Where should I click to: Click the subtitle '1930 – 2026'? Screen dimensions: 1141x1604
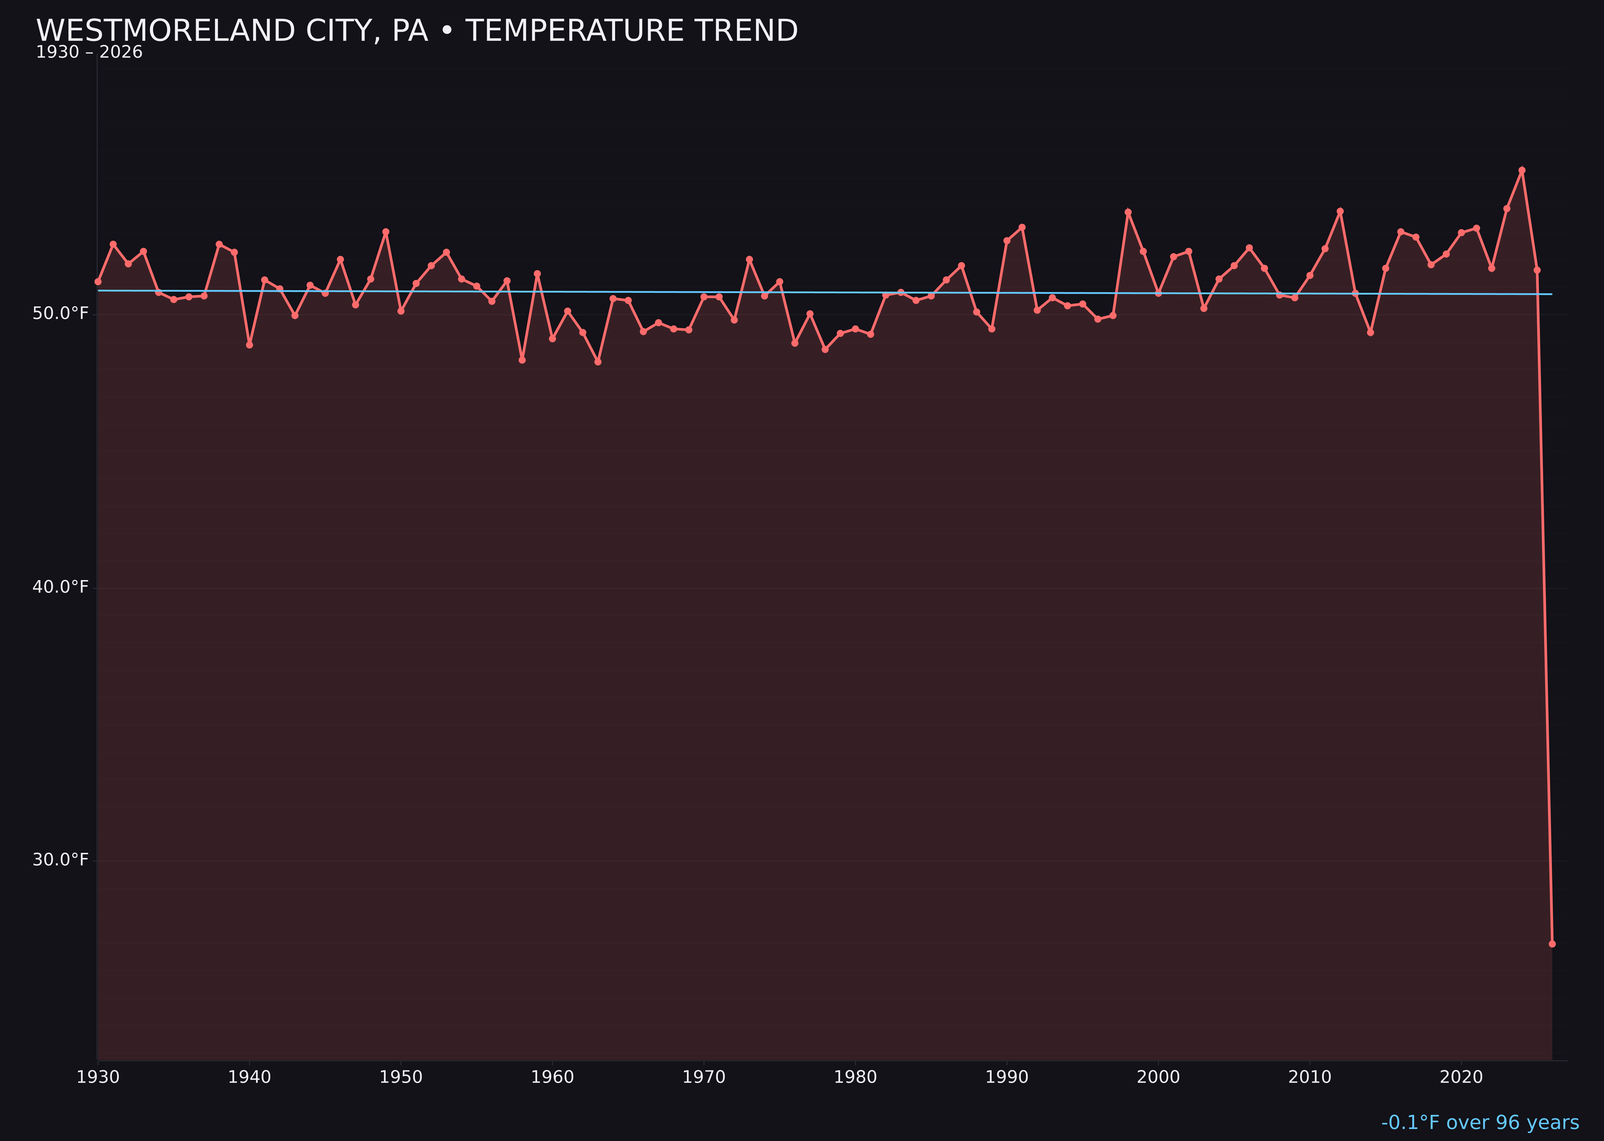(x=89, y=53)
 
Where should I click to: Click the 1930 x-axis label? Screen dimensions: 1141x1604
(x=97, y=1077)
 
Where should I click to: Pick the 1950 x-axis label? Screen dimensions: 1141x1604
(x=401, y=1077)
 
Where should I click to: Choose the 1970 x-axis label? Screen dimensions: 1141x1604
(x=704, y=1077)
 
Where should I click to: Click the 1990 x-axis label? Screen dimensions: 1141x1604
(x=1007, y=1077)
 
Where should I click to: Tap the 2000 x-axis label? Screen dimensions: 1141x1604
(x=1158, y=1077)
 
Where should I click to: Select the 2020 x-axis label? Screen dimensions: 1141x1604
(x=1461, y=1077)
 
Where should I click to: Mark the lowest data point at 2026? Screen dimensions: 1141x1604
(x=1552, y=944)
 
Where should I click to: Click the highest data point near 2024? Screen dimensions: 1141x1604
(x=1522, y=170)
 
